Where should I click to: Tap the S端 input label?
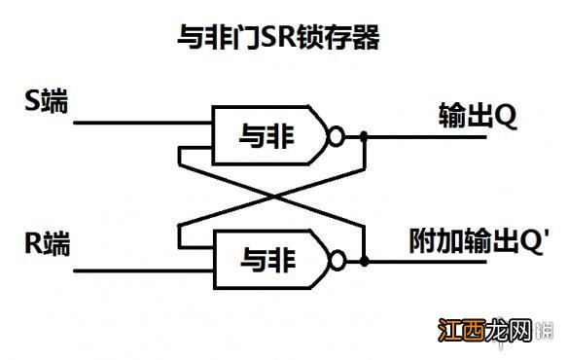pyautogui.click(x=46, y=101)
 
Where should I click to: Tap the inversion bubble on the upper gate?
pyautogui.click(x=337, y=138)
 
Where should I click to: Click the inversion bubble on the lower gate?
pyautogui.click(x=337, y=261)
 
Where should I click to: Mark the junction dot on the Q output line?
pyautogui.click(x=364, y=138)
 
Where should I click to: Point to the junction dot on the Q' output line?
pyautogui.click(x=364, y=261)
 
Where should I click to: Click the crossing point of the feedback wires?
pyautogui.click(x=271, y=198)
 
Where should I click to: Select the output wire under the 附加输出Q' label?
pyautogui.click(x=438, y=261)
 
